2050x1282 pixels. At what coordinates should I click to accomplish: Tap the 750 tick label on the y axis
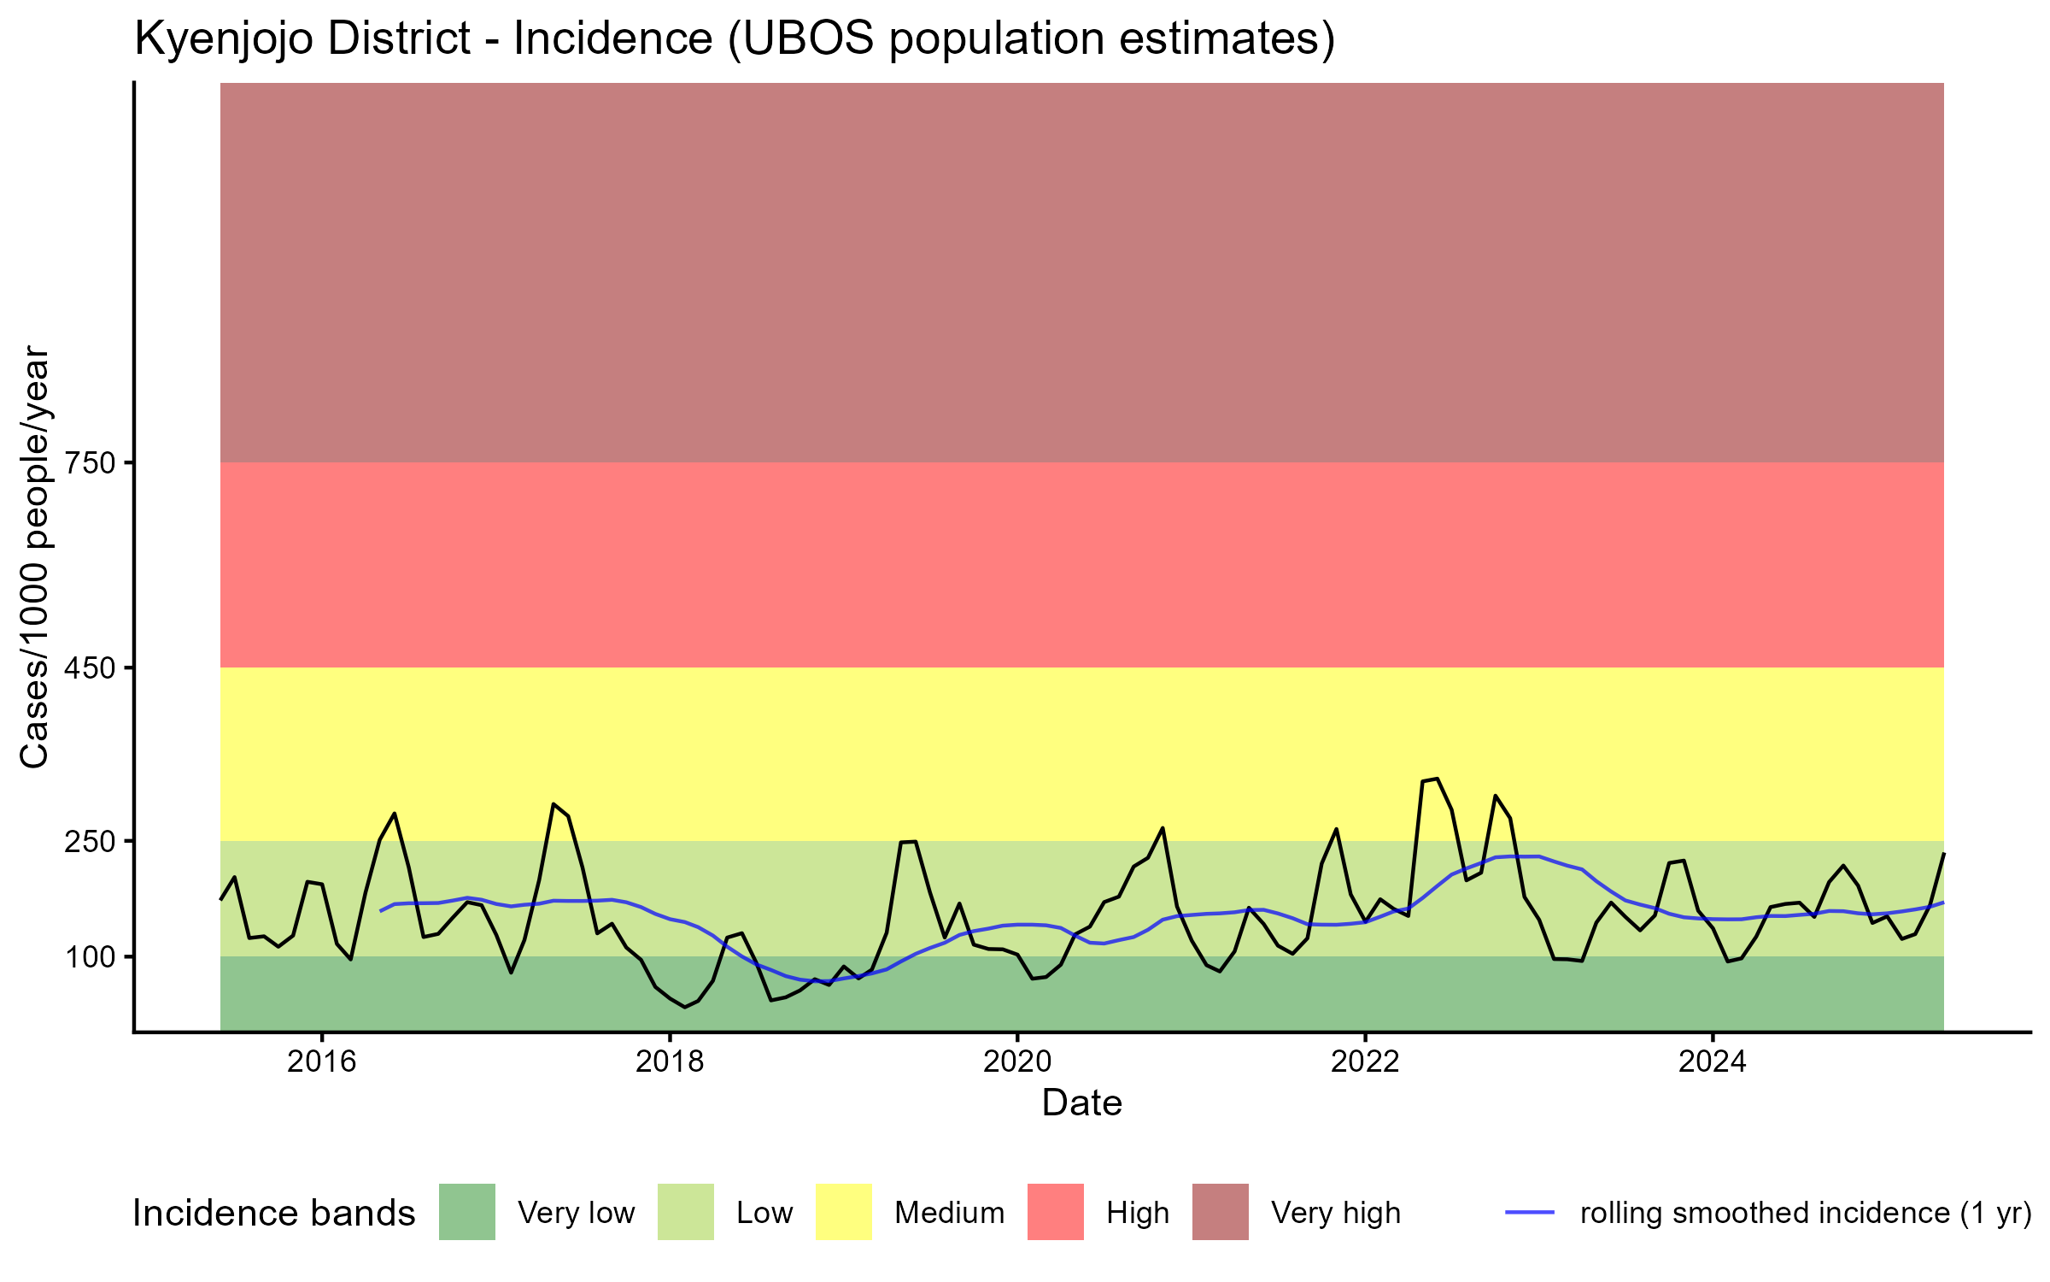[x=90, y=463]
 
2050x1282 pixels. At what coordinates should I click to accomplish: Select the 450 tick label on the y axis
[x=90, y=667]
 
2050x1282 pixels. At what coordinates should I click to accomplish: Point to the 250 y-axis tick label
[x=90, y=842]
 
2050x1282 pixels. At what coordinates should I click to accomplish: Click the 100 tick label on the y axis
[x=90, y=957]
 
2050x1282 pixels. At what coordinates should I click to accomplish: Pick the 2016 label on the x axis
[x=321, y=1061]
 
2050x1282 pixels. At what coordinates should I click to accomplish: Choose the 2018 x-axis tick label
[x=670, y=1061]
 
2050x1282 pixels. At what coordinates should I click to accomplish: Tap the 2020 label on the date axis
[x=1017, y=1061]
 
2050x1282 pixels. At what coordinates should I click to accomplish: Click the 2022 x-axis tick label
[x=1365, y=1061]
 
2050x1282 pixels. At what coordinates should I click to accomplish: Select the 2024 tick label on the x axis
[x=1713, y=1061]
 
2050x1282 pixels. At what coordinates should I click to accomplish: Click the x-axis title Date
[x=1081, y=1103]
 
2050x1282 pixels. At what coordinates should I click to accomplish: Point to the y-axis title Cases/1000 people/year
[x=36, y=557]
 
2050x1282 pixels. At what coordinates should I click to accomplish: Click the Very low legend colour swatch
[x=466, y=1212]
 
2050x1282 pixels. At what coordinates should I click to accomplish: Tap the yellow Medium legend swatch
[x=844, y=1212]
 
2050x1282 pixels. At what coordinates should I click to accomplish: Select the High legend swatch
[x=1055, y=1212]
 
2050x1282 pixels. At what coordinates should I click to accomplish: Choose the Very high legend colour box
[x=1220, y=1212]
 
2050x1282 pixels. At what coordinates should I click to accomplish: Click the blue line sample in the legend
[x=1530, y=1212]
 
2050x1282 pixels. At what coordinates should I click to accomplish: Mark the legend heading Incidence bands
[x=273, y=1214]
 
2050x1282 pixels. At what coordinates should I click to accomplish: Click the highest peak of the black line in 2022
[x=1438, y=779]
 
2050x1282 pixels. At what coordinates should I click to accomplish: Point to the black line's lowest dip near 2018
[x=684, y=1007]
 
